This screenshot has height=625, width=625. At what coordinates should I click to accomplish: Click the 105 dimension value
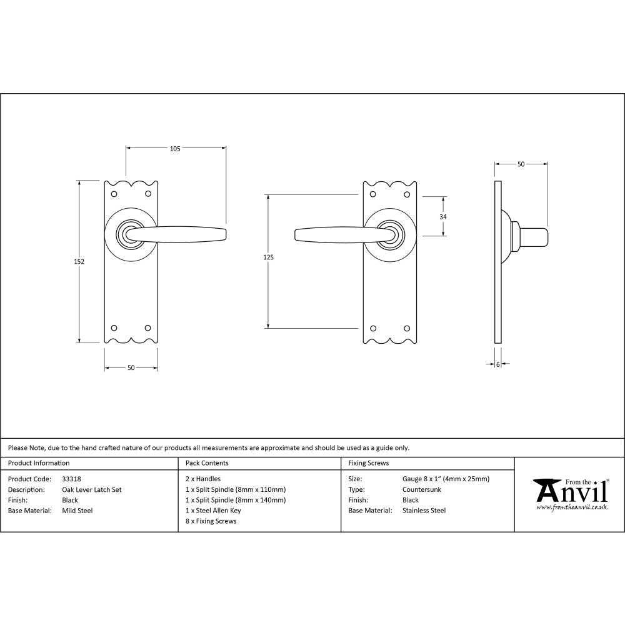tap(175, 149)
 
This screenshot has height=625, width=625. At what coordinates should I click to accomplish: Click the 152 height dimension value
tap(79, 261)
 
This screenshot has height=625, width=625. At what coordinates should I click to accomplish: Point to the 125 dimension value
tap(269, 257)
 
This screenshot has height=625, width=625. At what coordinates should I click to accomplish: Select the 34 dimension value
tap(443, 216)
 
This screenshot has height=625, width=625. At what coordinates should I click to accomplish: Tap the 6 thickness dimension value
tap(498, 364)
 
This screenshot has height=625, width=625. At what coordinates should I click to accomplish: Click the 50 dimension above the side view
tap(521, 164)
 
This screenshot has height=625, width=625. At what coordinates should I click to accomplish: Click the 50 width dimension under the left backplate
tap(131, 367)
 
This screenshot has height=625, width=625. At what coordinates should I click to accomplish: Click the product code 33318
tap(71, 479)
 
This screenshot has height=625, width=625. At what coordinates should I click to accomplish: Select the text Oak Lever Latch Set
tap(92, 490)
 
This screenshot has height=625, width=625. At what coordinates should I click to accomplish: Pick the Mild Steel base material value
tap(77, 511)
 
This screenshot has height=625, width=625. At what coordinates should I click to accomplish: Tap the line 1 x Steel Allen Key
tap(213, 511)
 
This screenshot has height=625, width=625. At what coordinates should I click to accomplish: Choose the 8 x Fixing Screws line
tap(211, 521)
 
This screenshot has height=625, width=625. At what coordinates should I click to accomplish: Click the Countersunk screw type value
tap(422, 490)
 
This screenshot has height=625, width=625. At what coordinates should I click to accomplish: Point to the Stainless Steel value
tap(424, 511)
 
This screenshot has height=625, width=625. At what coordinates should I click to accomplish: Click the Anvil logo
tap(570, 491)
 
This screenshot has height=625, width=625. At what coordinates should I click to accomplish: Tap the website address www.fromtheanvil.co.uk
tap(572, 507)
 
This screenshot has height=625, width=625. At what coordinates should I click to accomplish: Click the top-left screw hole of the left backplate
tap(114, 194)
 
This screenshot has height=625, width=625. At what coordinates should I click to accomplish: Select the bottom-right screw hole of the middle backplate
tap(407, 328)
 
